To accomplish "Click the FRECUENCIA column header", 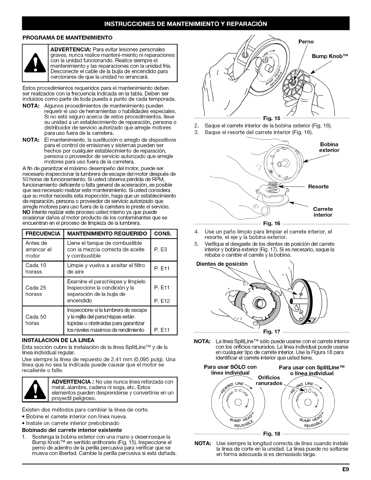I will [x=43, y=234].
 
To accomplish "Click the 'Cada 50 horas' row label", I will [x=36, y=320].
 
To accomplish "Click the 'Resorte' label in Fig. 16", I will [x=318, y=186].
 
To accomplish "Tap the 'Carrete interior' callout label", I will [x=323, y=212].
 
